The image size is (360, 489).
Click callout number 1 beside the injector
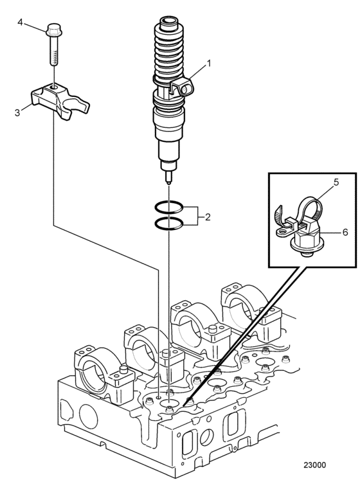(209, 64)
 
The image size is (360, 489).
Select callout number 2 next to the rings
(207, 217)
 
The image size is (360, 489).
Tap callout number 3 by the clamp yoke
(17, 112)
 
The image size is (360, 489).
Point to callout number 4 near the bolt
(20, 22)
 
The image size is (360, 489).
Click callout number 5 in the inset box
(336, 182)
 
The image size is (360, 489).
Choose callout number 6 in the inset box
(345, 233)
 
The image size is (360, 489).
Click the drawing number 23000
(315, 465)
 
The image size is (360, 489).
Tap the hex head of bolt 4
(54, 30)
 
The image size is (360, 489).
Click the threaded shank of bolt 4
(54, 50)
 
